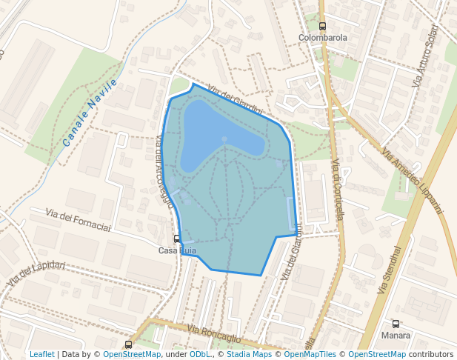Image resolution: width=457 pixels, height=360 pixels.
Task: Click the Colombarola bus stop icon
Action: coord(322,26)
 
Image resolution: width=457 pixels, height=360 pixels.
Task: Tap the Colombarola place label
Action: coord(323,37)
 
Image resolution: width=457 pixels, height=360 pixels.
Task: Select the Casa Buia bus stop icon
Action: coord(176,239)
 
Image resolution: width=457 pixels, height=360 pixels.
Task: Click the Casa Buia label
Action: coord(177,250)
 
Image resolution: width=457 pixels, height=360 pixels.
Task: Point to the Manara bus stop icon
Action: coord(396,324)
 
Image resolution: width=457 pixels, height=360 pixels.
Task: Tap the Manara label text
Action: coord(396,335)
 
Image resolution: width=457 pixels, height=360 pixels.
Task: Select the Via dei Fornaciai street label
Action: coord(78,219)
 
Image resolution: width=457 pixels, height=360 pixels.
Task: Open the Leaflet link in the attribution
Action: coord(41,355)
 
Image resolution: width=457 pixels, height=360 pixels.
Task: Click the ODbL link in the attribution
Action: coord(199,355)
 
